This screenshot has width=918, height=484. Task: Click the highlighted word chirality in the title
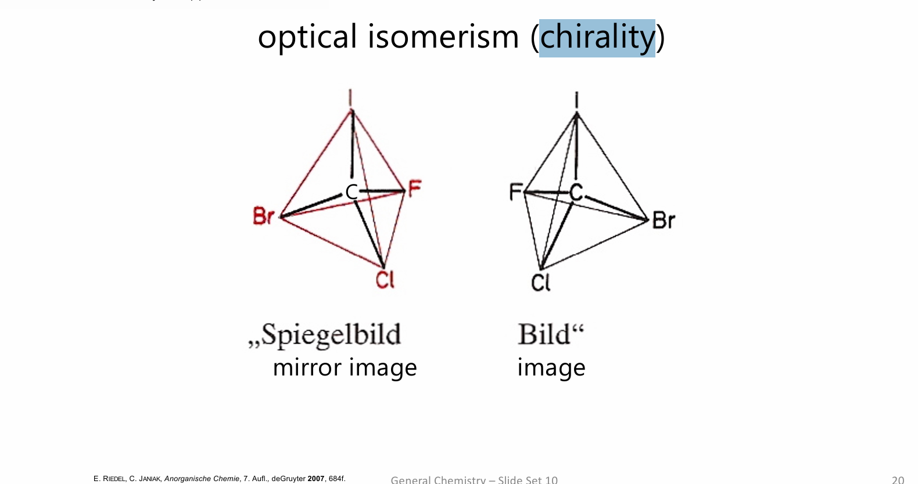(597, 38)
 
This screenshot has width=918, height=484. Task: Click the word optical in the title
(307, 38)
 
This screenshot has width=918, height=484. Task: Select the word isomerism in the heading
(443, 37)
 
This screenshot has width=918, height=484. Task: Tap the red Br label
(263, 216)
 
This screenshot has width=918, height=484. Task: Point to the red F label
(414, 188)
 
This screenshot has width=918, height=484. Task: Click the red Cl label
(385, 280)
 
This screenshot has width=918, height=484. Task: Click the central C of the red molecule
(352, 192)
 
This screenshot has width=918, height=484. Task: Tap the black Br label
(664, 221)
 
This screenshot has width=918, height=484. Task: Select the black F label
(515, 192)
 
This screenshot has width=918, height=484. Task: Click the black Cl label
(540, 283)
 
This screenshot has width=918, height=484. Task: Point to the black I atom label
(576, 100)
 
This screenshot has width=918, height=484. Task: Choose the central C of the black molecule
(576, 192)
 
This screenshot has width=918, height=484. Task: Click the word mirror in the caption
(307, 367)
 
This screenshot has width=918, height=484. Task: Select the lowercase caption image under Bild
(551, 368)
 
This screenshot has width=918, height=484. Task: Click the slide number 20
(898, 479)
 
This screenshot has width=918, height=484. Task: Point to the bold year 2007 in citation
(315, 479)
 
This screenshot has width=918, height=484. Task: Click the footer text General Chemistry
(438, 479)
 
